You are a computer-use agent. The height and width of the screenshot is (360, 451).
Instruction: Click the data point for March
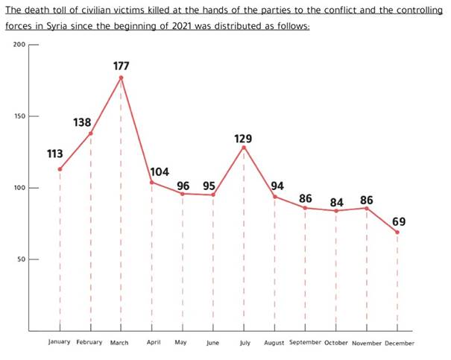pos(121,78)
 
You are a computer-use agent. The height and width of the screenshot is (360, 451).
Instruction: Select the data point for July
pos(244,147)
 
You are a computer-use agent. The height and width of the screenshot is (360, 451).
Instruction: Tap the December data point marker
pos(397,233)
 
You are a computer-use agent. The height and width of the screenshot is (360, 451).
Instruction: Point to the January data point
pos(60,169)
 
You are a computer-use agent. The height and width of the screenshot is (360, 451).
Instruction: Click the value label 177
pos(121,66)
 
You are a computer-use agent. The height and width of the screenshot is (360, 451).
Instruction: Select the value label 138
pos(82,121)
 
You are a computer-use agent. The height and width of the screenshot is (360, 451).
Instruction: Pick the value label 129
pos(242,139)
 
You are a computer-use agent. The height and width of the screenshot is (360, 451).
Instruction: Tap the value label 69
pos(399,221)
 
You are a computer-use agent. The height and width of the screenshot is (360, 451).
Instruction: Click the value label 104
pos(161,171)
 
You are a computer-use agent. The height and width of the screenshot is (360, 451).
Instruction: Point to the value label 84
pos(336,201)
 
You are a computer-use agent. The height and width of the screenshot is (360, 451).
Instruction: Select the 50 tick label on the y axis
pos(20,259)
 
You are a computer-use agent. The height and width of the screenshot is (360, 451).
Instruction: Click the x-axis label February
pos(89,342)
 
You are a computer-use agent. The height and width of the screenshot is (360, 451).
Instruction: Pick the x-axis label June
pos(213,343)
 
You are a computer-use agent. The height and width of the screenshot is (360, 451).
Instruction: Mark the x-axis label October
pos(336,342)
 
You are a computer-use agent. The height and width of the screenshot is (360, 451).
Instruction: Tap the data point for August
pos(274,197)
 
